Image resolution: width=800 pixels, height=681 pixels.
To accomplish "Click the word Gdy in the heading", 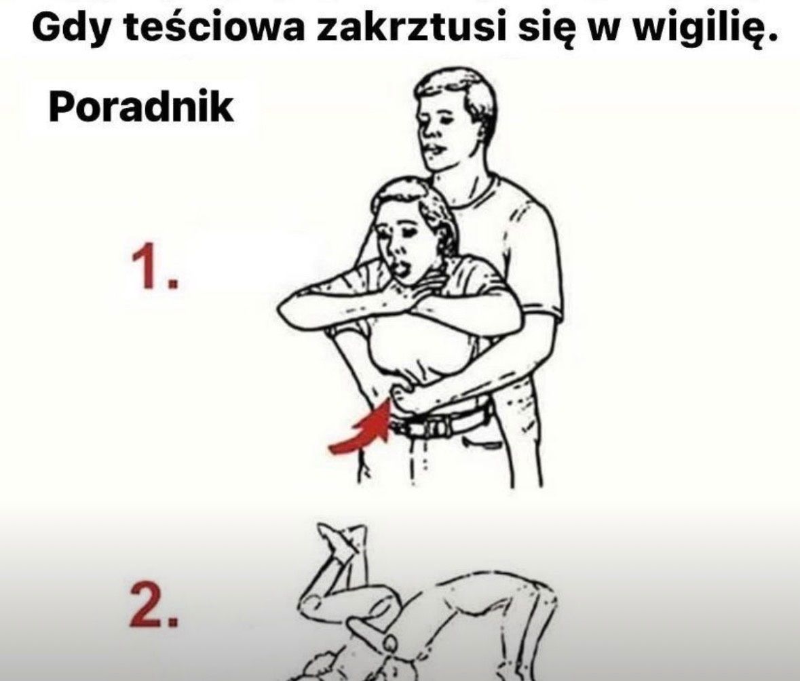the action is point(70,28).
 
